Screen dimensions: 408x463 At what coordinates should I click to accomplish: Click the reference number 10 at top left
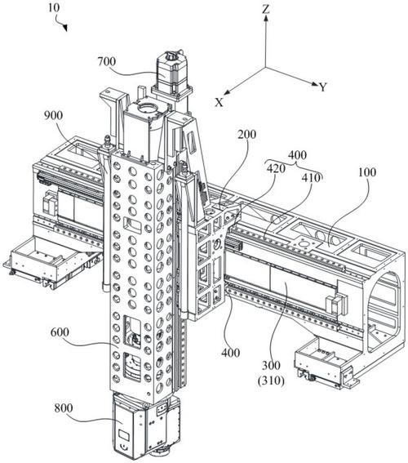pos(54,7)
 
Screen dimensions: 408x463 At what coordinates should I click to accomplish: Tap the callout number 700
pos(107,62)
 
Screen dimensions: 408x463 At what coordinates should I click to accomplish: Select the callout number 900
pos(53,115)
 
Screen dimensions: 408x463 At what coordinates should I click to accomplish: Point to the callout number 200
pos(247,135)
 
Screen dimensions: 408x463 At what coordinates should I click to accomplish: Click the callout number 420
pos(276,168)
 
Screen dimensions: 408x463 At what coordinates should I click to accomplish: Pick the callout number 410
pos(311,177)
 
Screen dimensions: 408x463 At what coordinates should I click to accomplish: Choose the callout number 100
pos(367,171)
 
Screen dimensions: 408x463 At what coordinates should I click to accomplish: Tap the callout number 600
pos(60,332)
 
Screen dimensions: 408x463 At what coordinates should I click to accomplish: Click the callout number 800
pos(64,408)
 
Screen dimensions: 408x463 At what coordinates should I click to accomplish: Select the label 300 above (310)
pos(271,366)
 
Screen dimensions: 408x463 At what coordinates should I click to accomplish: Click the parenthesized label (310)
pos(271,381)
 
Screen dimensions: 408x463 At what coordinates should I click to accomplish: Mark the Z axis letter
pos(266,10)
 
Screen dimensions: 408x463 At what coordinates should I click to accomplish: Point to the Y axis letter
pos(323,87)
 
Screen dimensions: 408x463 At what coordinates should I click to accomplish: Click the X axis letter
pos(220,102)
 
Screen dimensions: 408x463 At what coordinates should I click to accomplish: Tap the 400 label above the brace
pos(297,154)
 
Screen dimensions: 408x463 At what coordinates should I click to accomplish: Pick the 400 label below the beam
pos(230,352)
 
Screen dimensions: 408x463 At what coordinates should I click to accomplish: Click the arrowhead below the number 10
pos(65,28)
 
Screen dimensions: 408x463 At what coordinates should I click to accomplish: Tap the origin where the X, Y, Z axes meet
pos(265,67)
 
